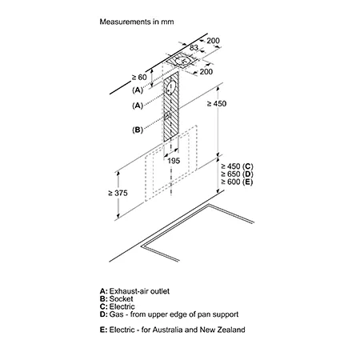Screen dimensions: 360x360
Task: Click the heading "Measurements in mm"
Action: (x=137, y=22)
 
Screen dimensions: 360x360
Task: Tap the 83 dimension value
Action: (x=194, y=47)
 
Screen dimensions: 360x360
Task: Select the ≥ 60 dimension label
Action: (x=139, y=77)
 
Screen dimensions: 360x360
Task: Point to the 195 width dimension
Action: (x=174, y=161)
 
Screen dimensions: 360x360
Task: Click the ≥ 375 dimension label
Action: (x=118, y=193)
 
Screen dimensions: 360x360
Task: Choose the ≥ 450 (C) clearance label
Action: (x=237, y=166)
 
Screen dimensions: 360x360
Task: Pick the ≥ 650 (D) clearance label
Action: (x=237, y=174)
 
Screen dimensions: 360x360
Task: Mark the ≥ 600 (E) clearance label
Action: (x=237, y=182)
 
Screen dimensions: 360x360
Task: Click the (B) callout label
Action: (x=138, y=130)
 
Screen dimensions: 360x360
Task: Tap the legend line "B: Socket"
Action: (x=116, y=298)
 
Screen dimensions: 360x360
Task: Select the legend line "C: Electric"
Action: (x=118, y=306)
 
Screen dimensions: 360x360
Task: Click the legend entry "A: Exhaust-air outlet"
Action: (x=134, y=291)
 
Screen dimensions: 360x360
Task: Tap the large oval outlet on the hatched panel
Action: (x=170, y=87)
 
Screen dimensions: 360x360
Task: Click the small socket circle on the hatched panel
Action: (x=167, y=116)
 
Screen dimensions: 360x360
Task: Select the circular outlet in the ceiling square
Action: (x=182, y=61)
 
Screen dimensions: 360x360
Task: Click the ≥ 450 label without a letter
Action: (x=217, y=103)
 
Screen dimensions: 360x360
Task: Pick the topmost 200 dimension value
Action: (x=213, y=41)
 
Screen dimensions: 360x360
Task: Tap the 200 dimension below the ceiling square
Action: (x=206, y=71)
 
